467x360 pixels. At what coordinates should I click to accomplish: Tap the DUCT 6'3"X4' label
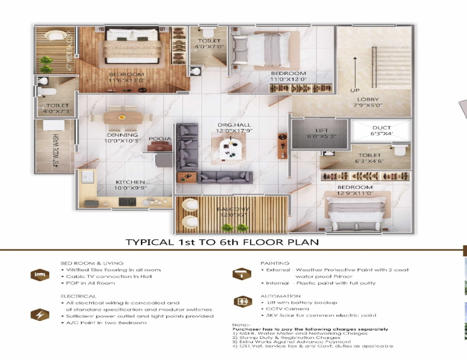point(381,131)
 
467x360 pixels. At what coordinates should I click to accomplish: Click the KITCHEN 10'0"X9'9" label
point(131,185)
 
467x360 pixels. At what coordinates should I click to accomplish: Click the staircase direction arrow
point(355,70)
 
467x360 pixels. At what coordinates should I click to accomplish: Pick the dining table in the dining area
point(122,118)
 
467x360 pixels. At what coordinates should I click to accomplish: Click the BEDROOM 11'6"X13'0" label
point(126,76)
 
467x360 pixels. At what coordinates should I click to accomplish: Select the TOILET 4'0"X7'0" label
point(207,44)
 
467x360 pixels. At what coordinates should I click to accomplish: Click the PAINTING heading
point(275,263)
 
